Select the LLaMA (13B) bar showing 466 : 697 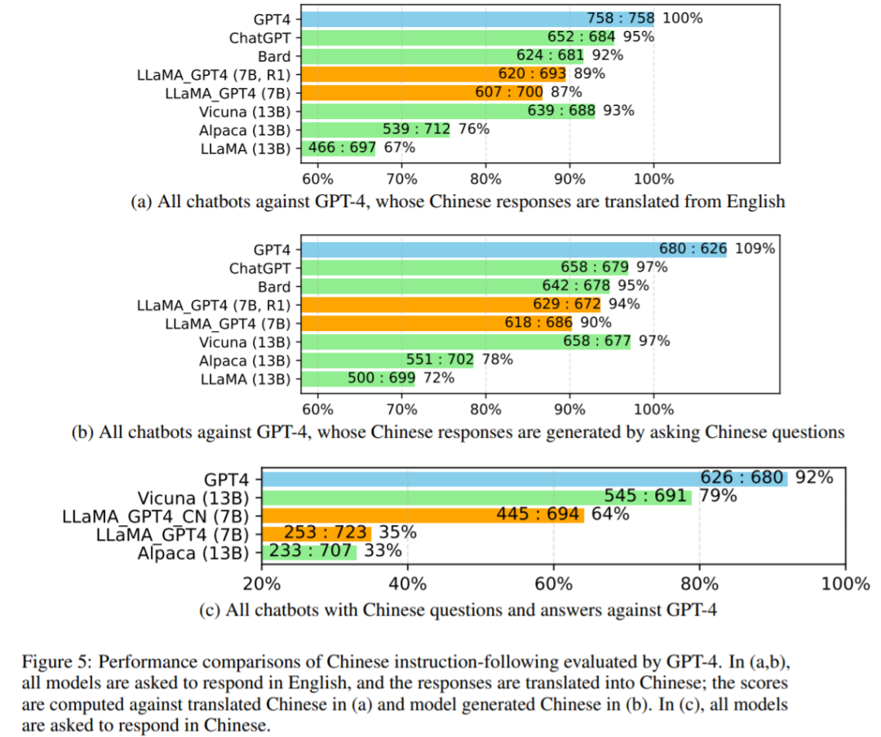338,148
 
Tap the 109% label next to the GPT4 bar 755,249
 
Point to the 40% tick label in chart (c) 408,583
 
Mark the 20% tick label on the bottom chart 262,583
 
